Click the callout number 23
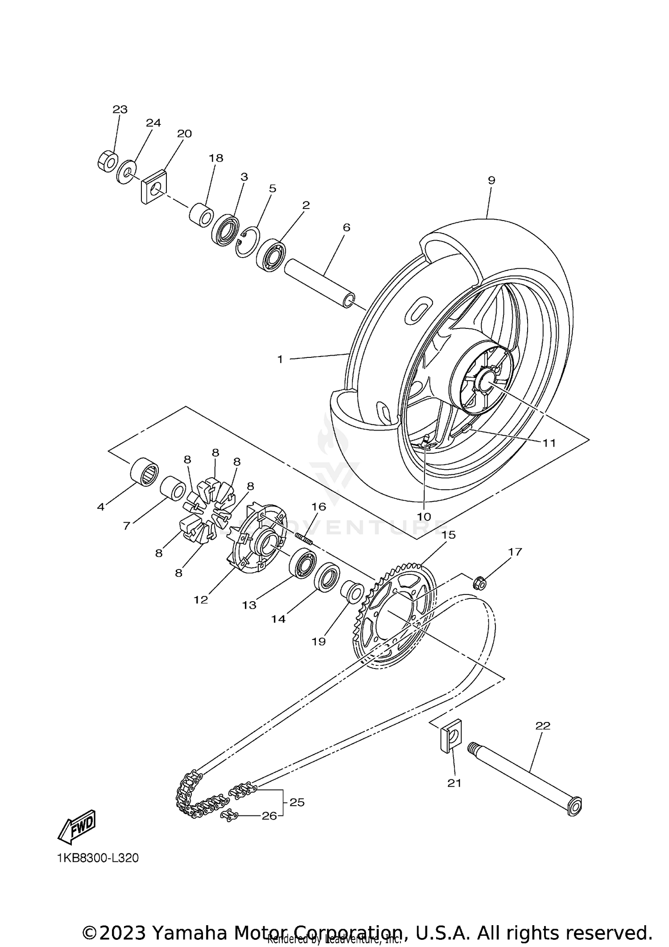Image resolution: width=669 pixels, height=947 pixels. [120, 110]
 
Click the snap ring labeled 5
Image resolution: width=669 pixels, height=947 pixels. [248, 242]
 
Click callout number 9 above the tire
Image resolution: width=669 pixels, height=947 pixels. [491, 180]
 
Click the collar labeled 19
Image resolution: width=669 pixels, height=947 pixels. [351, 591]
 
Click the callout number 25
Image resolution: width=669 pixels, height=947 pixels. [297, 802]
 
